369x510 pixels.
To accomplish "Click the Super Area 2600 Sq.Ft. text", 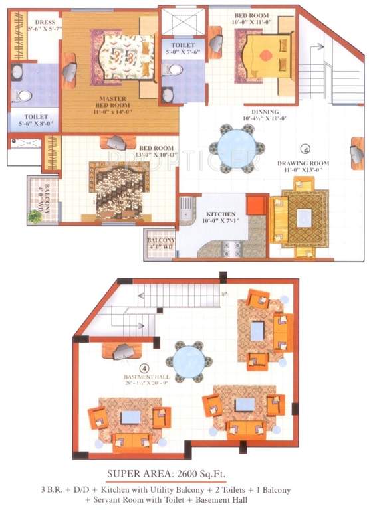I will click(185, 475).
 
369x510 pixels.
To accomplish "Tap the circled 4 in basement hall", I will click(144, 368).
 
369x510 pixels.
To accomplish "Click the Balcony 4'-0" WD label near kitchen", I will click(160, 245).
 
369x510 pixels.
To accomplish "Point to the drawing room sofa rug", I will click(304, 218).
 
